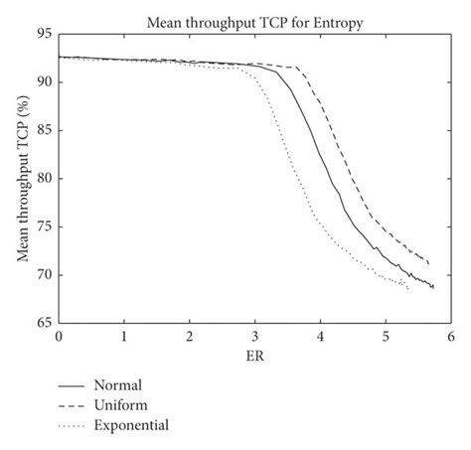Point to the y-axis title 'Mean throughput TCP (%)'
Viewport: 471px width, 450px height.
point(21,178)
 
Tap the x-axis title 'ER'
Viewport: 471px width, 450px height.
point(254,355)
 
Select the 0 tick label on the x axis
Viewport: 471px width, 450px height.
point(59,337)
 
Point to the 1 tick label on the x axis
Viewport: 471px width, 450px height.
point(124,337)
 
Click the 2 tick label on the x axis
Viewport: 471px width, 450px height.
point(190,337)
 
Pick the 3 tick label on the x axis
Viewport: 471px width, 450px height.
point(255,337)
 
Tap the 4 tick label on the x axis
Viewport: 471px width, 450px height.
point(320,337)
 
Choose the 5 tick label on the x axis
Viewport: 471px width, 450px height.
point(386,337)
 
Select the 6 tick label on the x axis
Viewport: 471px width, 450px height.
point(450,337)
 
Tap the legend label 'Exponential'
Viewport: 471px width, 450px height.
point(134,425)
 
